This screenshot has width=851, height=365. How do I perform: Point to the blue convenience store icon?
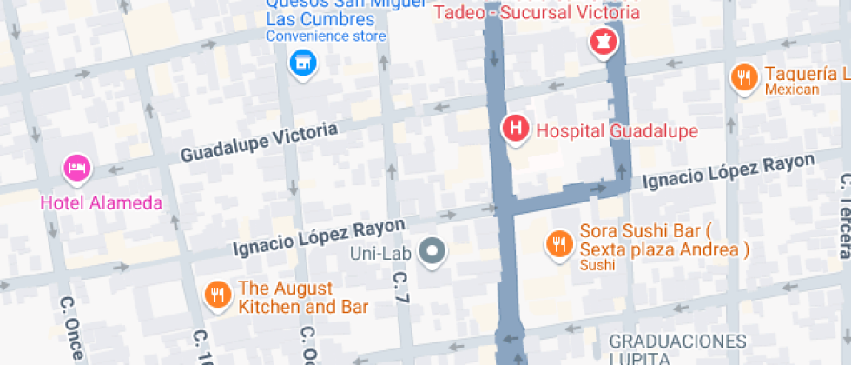point(302,63)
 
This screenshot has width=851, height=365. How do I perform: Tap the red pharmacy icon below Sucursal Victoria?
point(601,40)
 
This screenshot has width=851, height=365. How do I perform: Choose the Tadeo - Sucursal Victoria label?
point(537,12)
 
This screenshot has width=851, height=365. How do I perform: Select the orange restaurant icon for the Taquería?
point(742,76)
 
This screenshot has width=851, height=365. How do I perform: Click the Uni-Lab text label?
point(379,254)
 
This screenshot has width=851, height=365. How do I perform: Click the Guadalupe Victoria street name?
point(259,143)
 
